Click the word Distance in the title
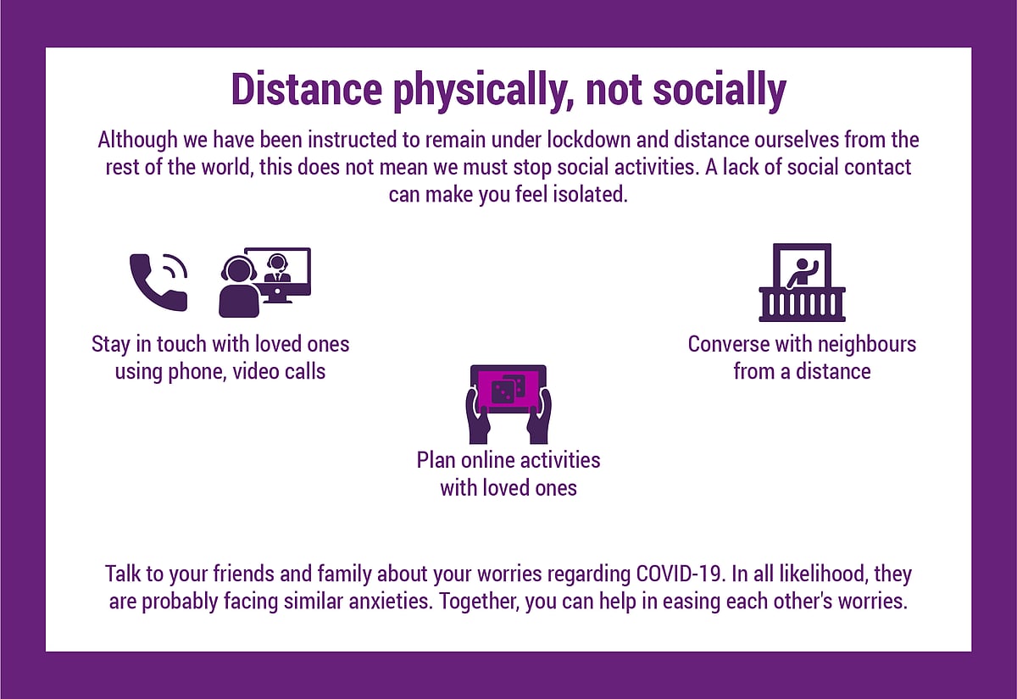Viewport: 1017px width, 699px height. click(307, 89)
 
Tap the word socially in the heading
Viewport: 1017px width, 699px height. click(720, 91)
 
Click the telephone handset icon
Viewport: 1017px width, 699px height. click(158, 282)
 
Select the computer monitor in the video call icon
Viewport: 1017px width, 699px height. click(281, 275)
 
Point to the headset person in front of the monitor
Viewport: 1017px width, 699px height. click(239, 287)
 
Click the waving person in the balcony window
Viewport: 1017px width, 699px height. click(803, 274)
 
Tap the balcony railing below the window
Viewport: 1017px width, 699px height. click(803, 304)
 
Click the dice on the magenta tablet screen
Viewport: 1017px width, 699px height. click(508, 389)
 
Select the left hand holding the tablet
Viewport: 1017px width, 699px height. click(478, 417)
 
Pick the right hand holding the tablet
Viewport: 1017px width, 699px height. click(539, 417)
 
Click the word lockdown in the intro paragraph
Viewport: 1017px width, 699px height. click(588, 140)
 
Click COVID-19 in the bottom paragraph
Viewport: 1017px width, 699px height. click(679, 574)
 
